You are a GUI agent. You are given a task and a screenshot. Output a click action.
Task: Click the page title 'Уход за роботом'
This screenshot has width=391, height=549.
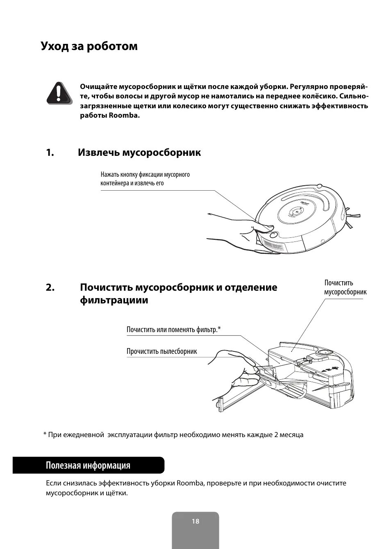coord(89,46)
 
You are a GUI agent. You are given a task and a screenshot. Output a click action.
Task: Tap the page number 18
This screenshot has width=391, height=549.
coord(195,522)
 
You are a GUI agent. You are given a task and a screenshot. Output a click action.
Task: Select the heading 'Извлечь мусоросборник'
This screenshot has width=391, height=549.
coord(139,153)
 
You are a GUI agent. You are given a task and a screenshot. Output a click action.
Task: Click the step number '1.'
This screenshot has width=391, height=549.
coord(50,153)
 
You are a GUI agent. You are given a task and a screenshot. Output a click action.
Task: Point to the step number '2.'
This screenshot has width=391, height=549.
coord(50,287)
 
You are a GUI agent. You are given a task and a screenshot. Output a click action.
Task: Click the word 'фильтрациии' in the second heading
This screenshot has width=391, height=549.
coord(114,300)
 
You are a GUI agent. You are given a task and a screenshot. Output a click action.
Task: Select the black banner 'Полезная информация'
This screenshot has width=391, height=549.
coord(88,465)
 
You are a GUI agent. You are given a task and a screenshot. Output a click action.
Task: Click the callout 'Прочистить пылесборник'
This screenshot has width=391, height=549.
coord(161,351)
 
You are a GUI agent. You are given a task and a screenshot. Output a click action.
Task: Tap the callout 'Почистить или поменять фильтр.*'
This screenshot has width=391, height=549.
coord(173,330)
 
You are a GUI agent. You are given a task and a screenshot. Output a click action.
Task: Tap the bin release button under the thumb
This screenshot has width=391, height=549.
coord(274,235)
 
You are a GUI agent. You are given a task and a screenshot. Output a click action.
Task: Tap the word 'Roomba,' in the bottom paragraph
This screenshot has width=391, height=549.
coord(191,483)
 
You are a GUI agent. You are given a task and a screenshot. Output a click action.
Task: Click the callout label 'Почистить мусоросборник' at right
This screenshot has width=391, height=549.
coord(345,287)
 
